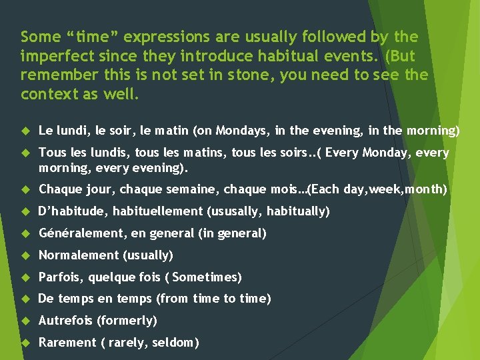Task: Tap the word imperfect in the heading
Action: [51, 55]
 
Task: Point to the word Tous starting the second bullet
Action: [51, 153]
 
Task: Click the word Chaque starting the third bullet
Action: [61, 189]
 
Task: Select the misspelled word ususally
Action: [233, 211]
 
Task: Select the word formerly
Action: [126, 321]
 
